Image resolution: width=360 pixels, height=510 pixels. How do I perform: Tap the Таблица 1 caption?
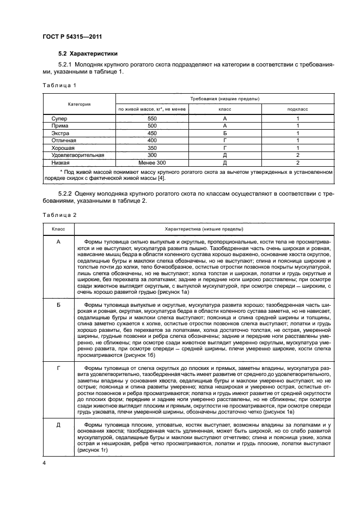coord(59,86)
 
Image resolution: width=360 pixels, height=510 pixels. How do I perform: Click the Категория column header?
coord(79,104)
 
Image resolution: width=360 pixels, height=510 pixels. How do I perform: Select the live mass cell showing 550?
coord(152,118)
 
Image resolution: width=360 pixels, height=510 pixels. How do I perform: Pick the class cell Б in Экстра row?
coord(224,133)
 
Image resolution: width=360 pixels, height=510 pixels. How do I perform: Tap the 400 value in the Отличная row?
coord(152,140)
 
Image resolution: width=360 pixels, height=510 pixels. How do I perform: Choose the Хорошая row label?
coord(63,148)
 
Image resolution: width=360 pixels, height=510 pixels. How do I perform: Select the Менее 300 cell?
coord(152,162)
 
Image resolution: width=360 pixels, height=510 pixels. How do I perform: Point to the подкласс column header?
coord(298,109)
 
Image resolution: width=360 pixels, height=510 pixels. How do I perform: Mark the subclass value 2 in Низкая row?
coord(298,162)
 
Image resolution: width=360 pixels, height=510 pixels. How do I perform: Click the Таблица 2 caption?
coord(59,215)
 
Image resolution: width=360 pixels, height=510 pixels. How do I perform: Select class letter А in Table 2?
coord(58,241)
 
